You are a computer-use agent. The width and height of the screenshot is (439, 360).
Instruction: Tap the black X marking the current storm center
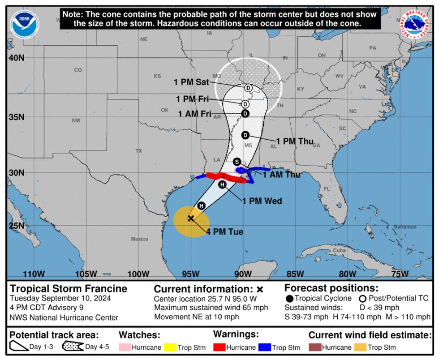pyautogui.click(x=191, y=218)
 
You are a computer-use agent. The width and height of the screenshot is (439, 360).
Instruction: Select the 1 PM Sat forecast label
pyautogui.click(x=192, y=82)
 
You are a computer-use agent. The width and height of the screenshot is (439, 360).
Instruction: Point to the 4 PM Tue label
pyautogui.click(x=224, y=231)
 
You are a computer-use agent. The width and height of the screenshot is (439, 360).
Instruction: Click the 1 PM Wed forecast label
pyautogui.click(x=262, y=201)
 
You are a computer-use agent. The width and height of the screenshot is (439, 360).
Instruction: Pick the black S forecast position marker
pyautogui.click(x=237, y=162)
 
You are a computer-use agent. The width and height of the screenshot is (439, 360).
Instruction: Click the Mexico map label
pyautogui.click(x=139, y=239)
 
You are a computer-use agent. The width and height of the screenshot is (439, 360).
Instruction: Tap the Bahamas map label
pyautogui.click(x=405, y=227)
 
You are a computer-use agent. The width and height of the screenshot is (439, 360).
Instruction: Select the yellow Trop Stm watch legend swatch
pyautogui.click(x=170, y=347)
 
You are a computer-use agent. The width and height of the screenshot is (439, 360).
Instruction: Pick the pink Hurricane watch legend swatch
pyautogui.click(x=125, y=347)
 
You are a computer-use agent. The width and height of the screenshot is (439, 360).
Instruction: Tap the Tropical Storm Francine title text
pyautogui.click(x=69, y=289)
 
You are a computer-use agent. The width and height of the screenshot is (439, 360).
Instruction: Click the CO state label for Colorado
pyautogui.click(x=78, y=70)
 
